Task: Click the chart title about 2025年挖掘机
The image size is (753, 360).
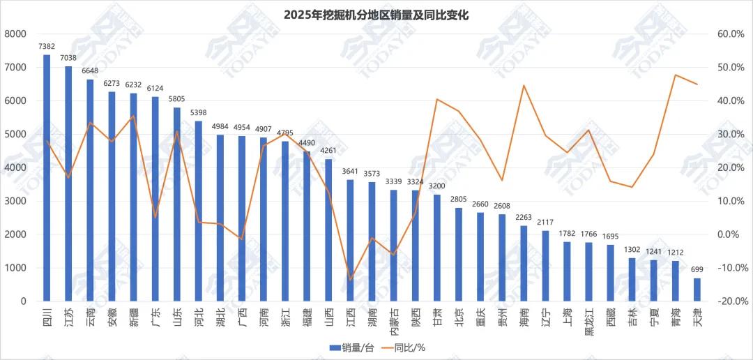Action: tap(376, 14)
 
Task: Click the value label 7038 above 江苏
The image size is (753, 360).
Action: tap(68, 58)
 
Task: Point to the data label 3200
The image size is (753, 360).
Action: tap(437, 186)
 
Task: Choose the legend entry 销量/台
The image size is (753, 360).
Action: tap(342, 347)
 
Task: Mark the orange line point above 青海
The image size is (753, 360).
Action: tap(676, 75)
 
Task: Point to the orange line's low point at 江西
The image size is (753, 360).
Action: tap(351, 280)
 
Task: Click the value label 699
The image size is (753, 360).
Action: tap(697, 269)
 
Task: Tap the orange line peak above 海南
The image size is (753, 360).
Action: tap(524, 85)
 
